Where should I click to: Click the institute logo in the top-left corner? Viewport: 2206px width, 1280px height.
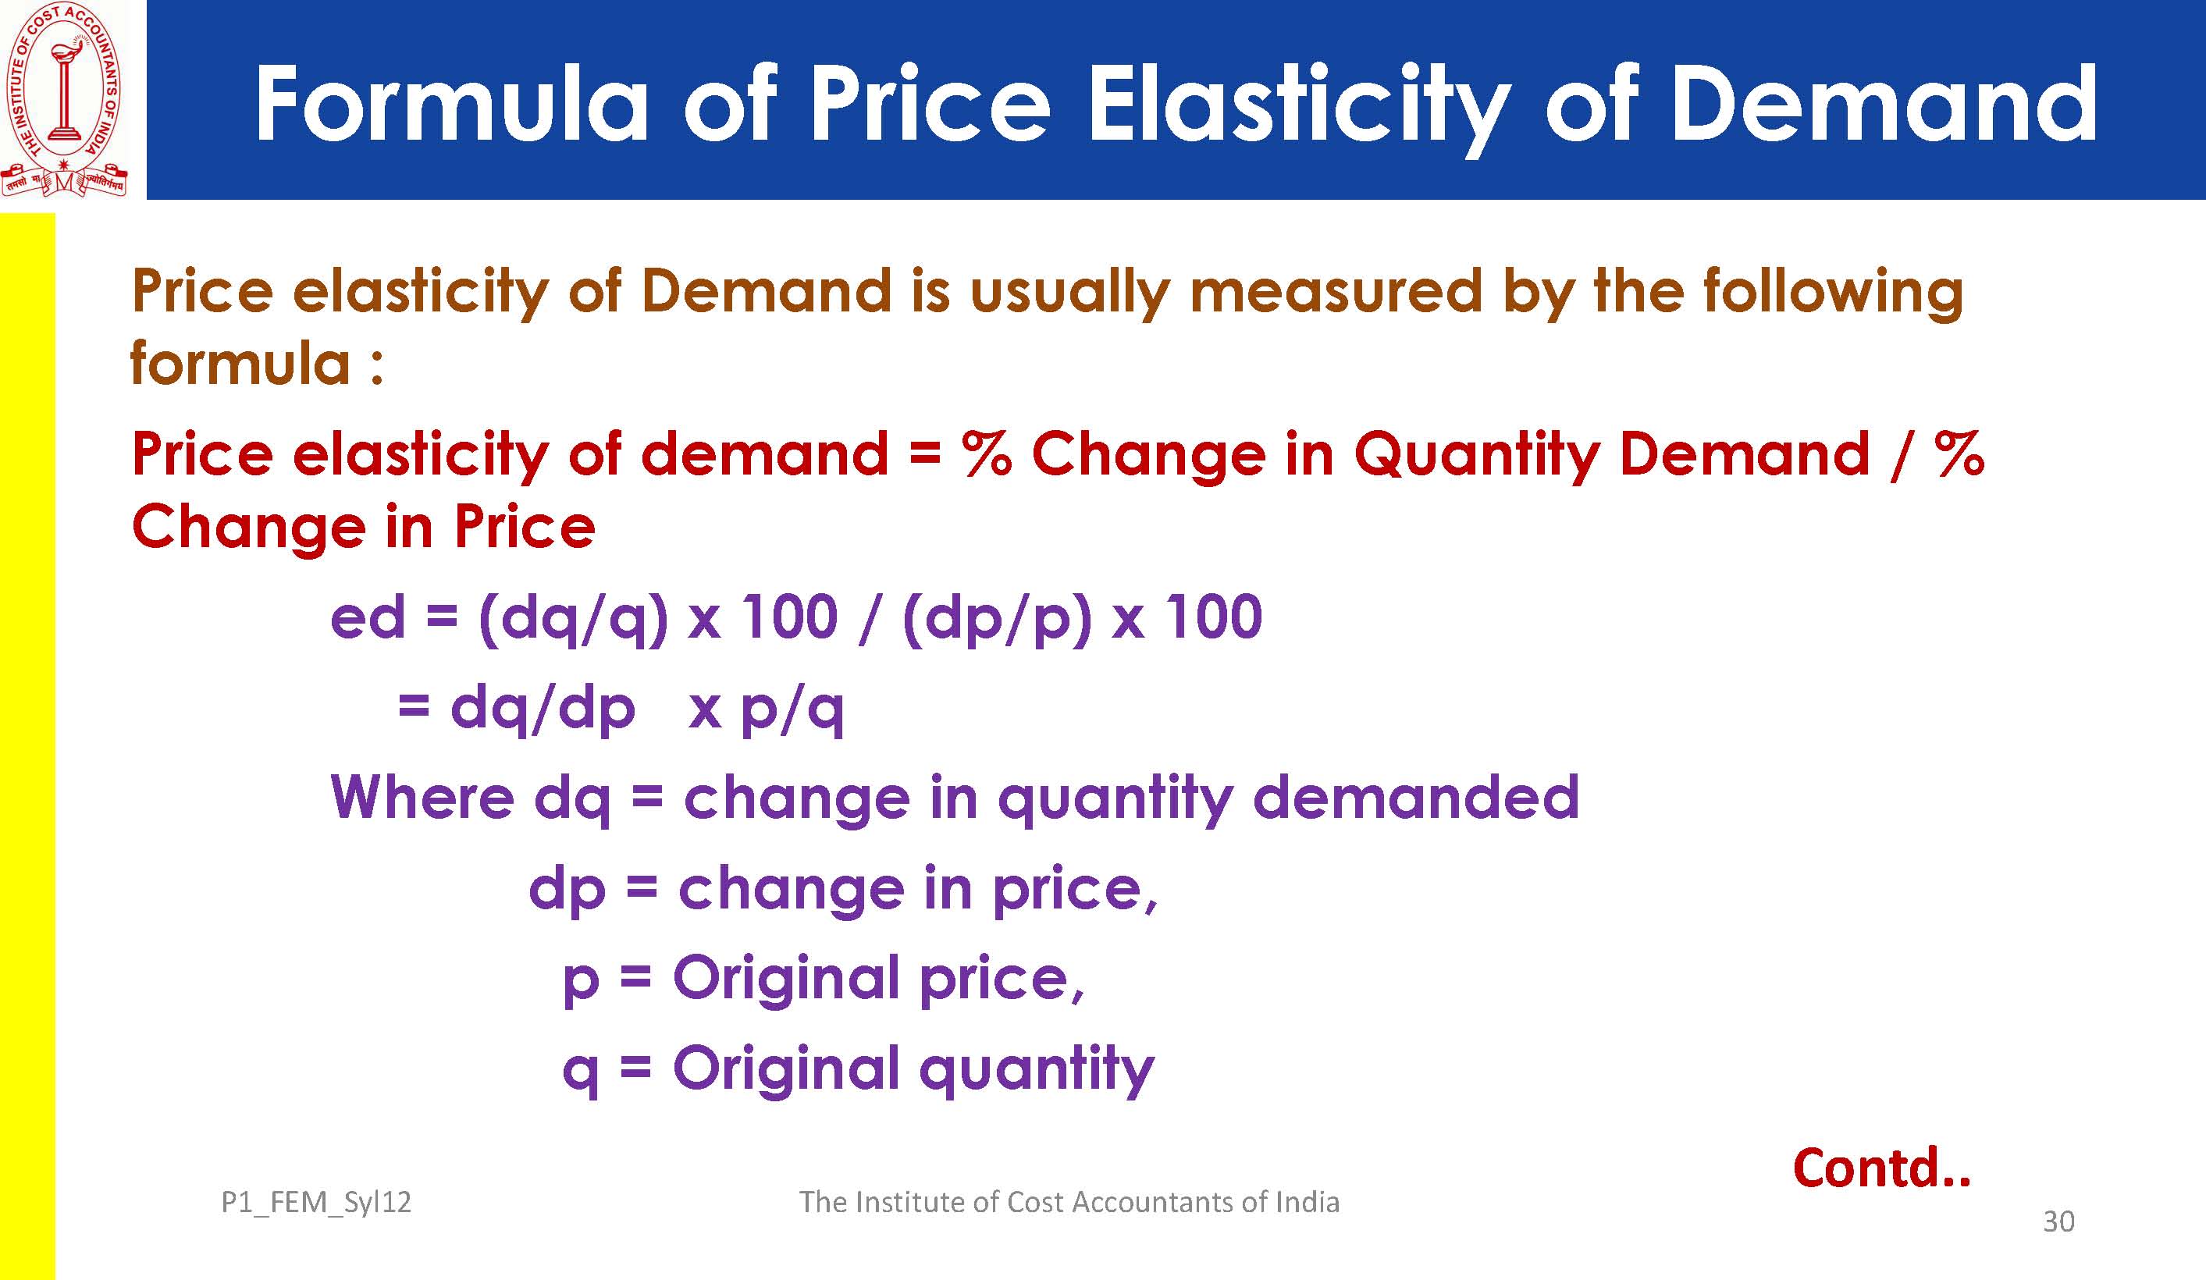click(65, 100)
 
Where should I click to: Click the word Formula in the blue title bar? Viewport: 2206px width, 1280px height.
click(451, 103)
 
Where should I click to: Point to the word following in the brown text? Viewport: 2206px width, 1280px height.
click(1833, 293)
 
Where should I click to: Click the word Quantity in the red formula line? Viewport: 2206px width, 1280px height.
click(1476, 457)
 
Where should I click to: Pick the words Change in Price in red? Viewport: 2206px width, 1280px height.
click(363, 528)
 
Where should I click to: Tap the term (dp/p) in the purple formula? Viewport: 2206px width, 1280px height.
click(997, 620)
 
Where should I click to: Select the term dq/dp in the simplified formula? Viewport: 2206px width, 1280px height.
click(542, 710)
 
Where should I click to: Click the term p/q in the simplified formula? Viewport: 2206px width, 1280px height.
click(792, 710)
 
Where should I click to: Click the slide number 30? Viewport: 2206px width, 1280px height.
click(2059, 1221)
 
